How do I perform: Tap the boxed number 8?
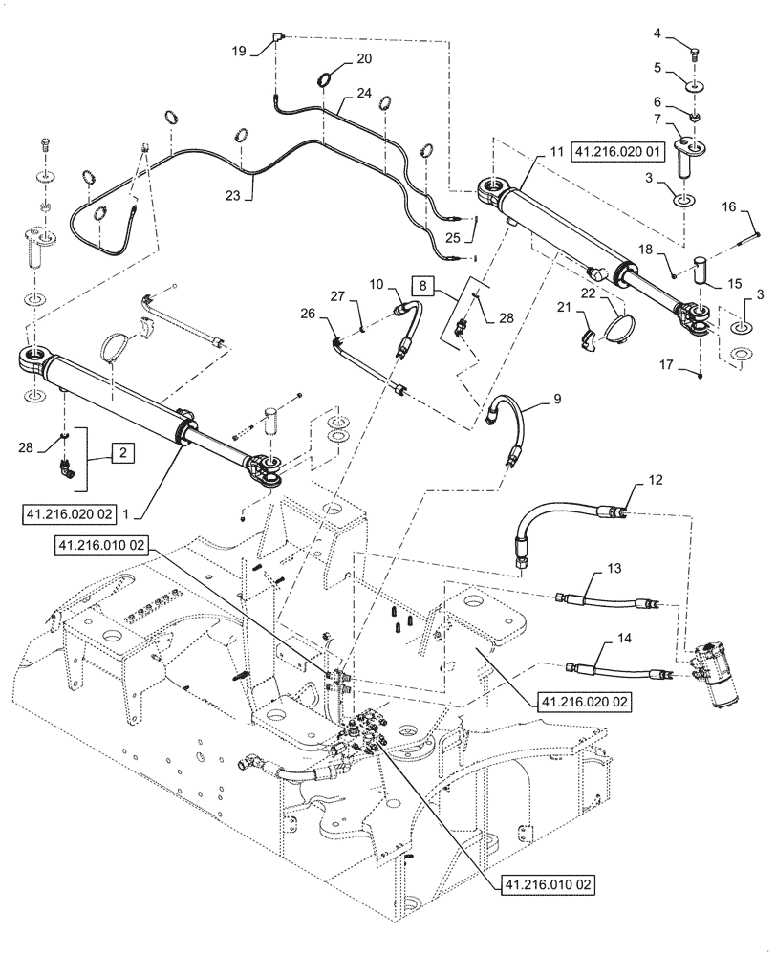pos(422,284)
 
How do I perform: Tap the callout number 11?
pos(555,151)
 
